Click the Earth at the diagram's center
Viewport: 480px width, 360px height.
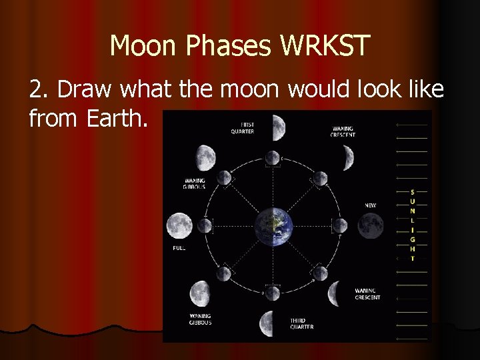[x=272, y=226]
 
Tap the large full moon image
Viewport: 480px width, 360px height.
[x=179, y=226]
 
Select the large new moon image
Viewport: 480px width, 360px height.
[x=371, y=225]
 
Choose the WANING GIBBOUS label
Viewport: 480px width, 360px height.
[x=199, y=319]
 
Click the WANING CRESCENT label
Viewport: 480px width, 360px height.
[x=367, y=294]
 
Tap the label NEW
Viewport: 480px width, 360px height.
[x=370, y=205]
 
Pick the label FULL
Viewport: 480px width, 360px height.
[x=179, y=248]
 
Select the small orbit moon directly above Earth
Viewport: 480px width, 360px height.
[x=272, y=158]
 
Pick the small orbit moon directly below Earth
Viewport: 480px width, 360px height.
[x=272, y=293]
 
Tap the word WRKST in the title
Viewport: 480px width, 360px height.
[x=326, y=46]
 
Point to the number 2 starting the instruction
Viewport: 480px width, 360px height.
[x=35, y=89]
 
